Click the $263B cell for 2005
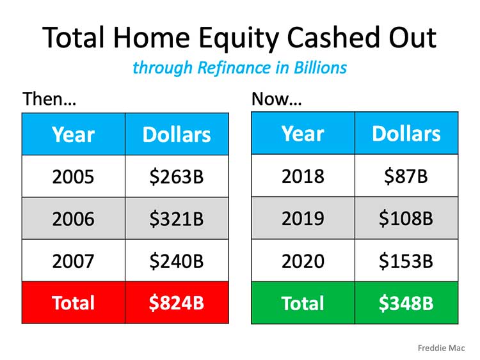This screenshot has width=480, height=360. (x=177, y=176)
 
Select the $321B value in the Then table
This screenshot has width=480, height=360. (x=177, y=219)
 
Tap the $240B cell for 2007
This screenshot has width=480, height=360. (x=177, y=261)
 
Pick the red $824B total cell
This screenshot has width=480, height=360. (x=177, y=302)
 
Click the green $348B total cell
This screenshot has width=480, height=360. (x=406, y=302)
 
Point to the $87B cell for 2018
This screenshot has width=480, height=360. (x=406, y=176)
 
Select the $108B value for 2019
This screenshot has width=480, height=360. (x=406, y=219)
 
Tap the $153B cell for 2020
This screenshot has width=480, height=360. (x=406, y=261)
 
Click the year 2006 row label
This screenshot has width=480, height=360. (x=73, y=219)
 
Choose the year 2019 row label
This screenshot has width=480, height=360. (x=303, y=219)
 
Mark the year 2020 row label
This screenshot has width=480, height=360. (x=303, y=261)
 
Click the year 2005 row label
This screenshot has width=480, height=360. (x=73, y=176)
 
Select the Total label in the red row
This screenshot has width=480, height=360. (x=73, y=302)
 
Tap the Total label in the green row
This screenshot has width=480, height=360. (x=303, y=302)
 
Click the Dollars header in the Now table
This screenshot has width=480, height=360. (x=406, y=134)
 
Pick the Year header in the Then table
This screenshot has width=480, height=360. (x=73, y=134)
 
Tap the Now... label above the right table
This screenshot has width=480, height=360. (x=276, y=99)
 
